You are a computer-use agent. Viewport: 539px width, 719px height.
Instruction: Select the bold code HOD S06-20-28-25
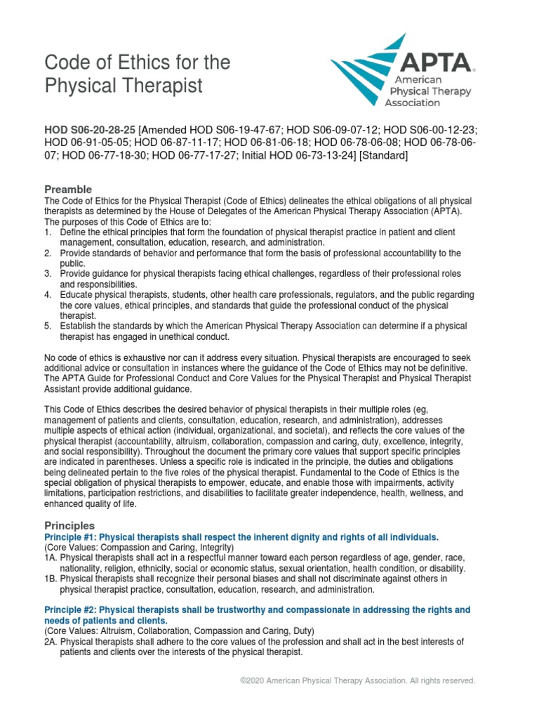click(x=90, y=130)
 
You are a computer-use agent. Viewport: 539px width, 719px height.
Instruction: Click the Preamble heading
click(x=68, y=190)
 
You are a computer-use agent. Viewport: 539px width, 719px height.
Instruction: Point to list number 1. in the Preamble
click(x=48, y=232)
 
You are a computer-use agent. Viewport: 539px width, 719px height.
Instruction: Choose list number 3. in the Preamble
click(x=48, y=274)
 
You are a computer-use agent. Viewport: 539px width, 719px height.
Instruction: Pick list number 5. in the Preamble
click(x=48, y=326)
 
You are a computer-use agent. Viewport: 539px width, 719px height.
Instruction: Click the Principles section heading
click(x=69, y=525)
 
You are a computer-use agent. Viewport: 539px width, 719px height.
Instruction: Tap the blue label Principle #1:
click(x=71, y=537)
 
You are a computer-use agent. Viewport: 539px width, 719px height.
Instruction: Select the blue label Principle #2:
click(x=71, y=609)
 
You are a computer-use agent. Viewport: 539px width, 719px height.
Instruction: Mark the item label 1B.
click(x=51, y=579)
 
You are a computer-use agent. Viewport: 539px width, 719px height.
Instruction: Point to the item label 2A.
click(x=51, y=642)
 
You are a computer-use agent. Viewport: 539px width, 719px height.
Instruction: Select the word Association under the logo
click(x=413, y=103)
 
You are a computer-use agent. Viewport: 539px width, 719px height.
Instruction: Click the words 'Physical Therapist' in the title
click(x=124, y=86)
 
